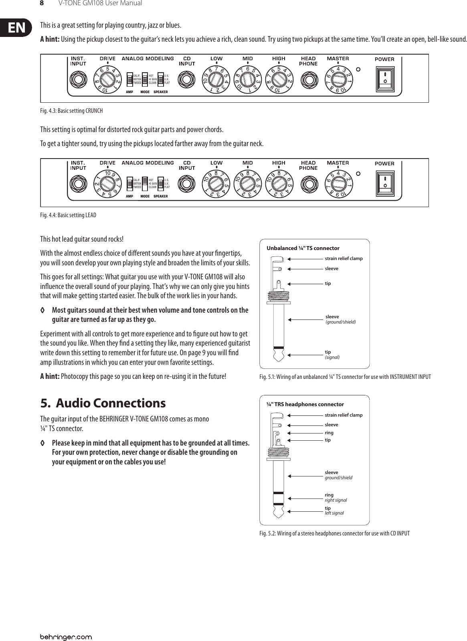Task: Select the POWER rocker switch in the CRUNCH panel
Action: pos(385,78)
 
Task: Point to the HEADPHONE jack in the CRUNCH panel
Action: pos(308,79)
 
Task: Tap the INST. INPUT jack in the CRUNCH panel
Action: pos(78,79)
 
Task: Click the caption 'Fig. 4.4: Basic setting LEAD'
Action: pos(69,215)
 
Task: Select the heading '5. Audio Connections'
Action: pos(103,403)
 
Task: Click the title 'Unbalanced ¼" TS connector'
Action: pos(303,248)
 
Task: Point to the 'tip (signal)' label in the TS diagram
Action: pos(332,354)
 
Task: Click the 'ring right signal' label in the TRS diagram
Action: pos(335,498)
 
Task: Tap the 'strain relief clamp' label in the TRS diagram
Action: pos(344,415)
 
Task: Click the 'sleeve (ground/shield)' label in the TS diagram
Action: pos(340,319)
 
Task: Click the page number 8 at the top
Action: pos(41,4)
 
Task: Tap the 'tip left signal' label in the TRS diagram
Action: pos(334,511)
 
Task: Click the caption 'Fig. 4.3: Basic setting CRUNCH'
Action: pos(72,111)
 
